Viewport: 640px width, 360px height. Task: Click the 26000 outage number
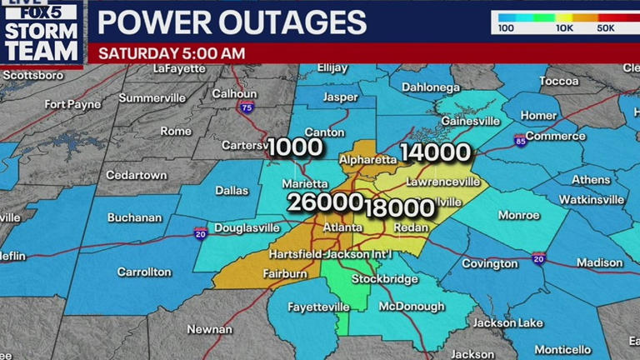(x=325, y=202)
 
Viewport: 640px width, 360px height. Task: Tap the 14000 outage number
(x=436, y=152)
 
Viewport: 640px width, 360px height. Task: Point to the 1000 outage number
(x=294, y=147)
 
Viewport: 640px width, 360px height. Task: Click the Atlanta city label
(x=342, y=227)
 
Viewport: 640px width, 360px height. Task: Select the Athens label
(x=590, y=179)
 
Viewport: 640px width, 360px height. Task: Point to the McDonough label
(x=412, y=307)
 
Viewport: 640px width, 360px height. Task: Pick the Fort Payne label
(x=73, y=104)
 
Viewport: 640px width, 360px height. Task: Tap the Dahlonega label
(x=431, y=87)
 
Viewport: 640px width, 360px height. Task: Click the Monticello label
(x=562, y=349)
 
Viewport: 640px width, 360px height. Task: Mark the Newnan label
(x=209, y=329)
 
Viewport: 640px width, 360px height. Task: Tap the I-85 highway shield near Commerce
(x=520, y=139)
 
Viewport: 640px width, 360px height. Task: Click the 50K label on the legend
(x=607, y=28)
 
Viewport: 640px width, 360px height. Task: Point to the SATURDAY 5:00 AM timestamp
(x=172, y=52)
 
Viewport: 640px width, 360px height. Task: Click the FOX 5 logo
(x=42, y=12)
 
